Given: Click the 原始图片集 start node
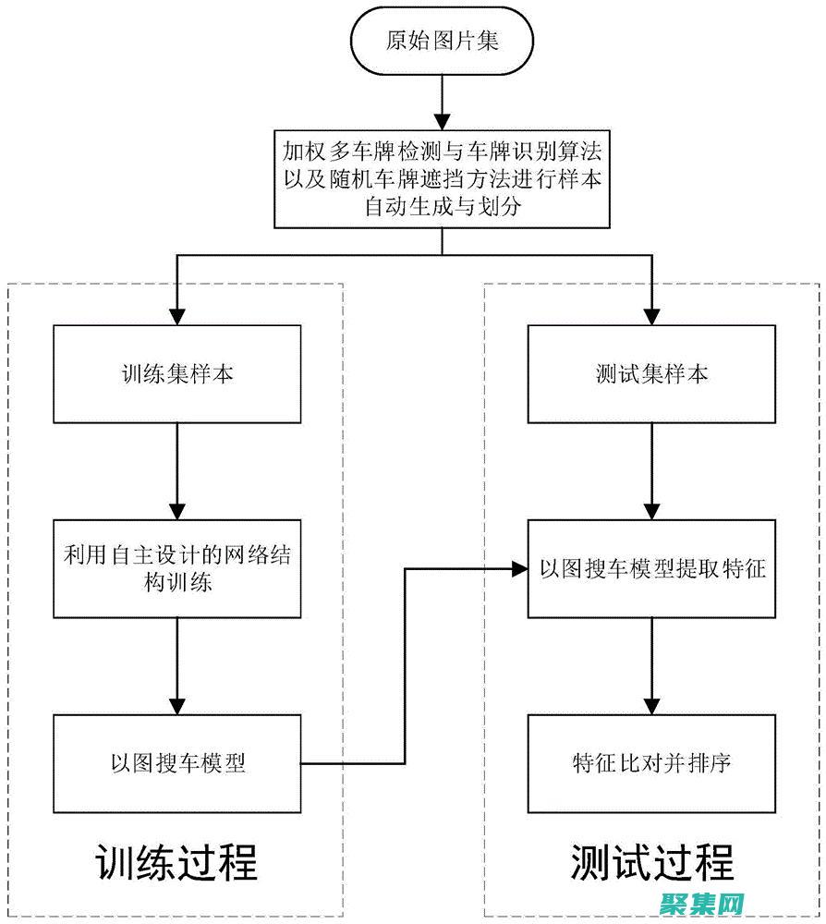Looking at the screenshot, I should (x=442, y=43).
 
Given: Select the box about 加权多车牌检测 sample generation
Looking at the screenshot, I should (x=442, y=176).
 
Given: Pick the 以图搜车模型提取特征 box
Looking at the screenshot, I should (x=652, y=568).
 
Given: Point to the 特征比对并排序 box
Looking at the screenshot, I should (x=652, y=763).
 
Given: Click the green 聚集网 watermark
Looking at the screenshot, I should (x=701, y=903).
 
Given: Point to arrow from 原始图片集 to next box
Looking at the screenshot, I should (x=442, y=102).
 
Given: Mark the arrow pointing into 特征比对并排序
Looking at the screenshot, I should (x=652, y=665).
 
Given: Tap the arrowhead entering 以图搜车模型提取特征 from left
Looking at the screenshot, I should (x=517, y=568).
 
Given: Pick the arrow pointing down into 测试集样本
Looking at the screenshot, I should (x=652, y=296).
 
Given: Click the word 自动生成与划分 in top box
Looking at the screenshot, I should (x=442, y=206).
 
